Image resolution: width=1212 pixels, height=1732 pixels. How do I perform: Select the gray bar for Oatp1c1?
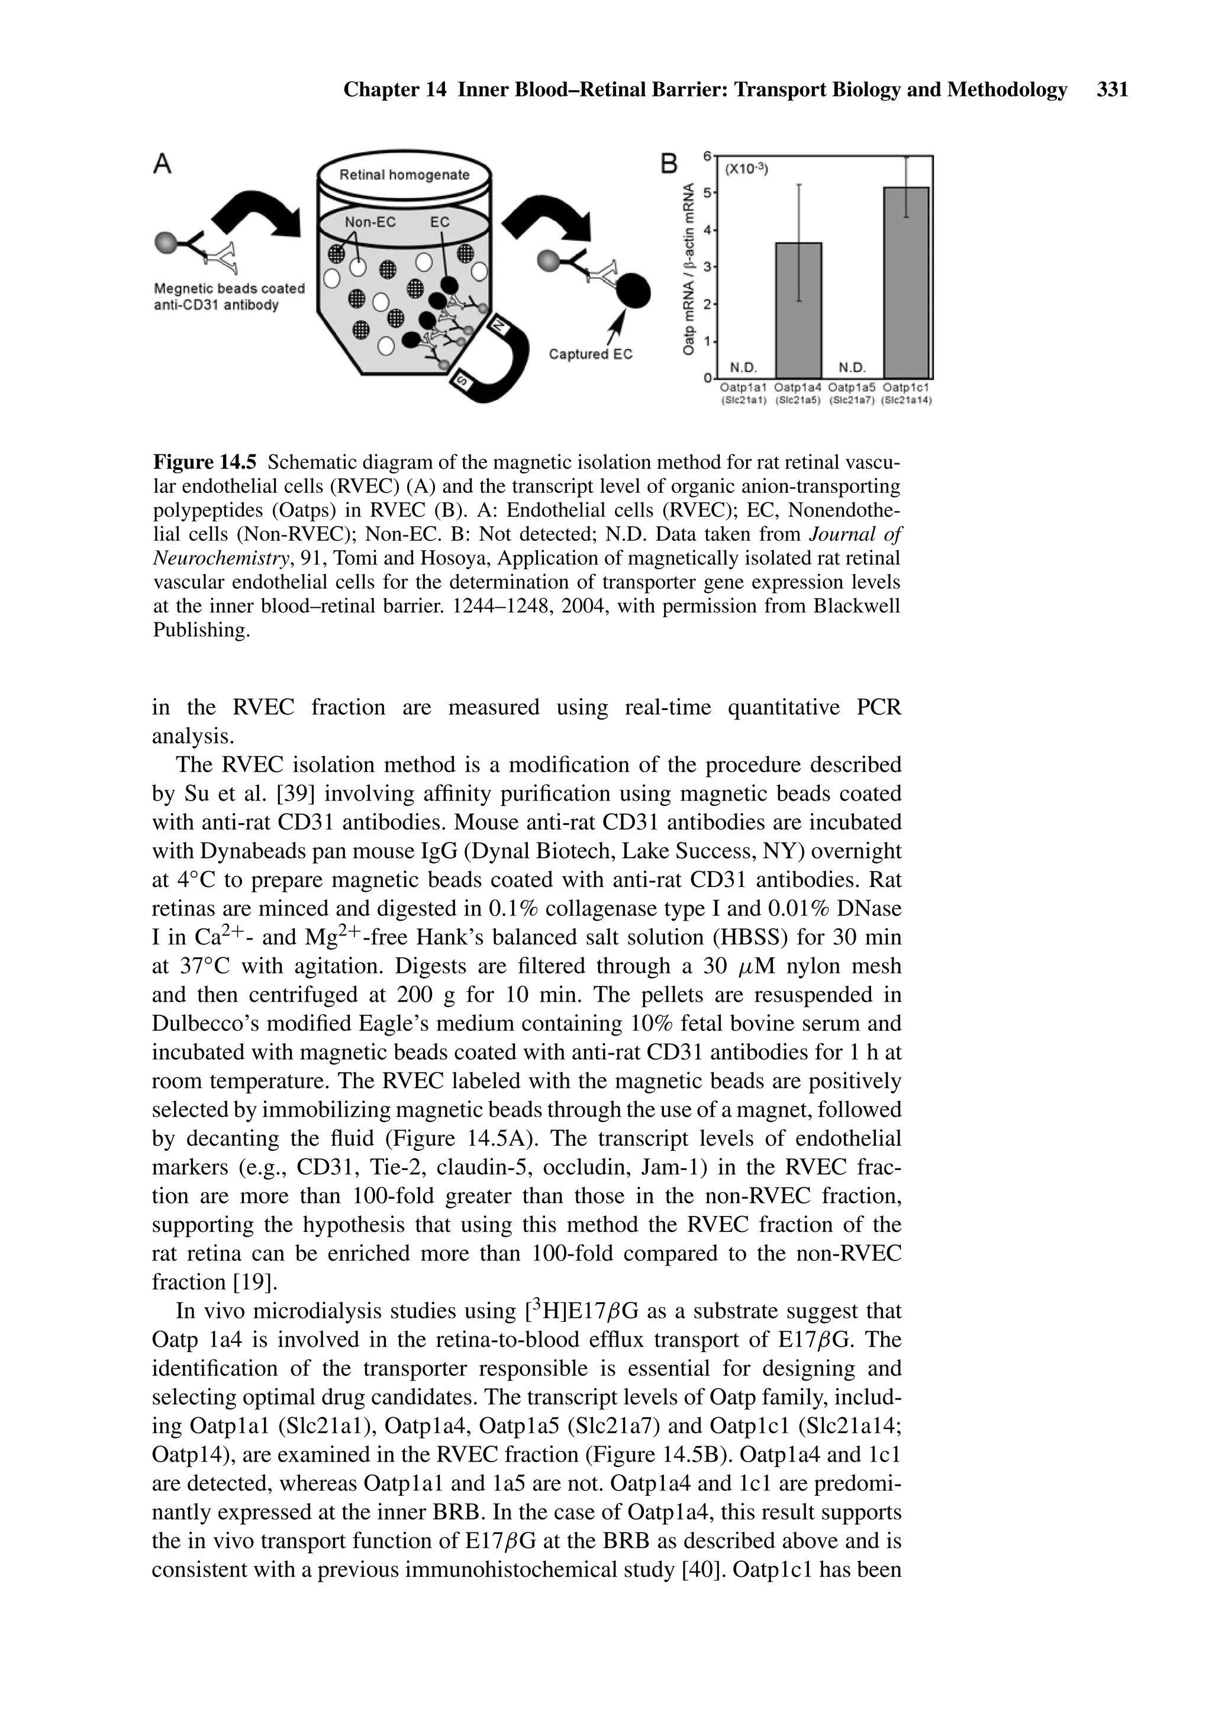(905, 282)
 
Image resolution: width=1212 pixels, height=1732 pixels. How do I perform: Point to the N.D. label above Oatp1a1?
(743, 367)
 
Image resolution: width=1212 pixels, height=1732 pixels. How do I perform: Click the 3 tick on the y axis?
(707, 267)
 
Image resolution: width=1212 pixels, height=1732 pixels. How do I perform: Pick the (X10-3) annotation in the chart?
(746, 170)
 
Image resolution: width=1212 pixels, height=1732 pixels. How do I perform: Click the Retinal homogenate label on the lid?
(404, 175)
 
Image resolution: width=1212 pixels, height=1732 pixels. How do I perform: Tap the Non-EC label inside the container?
(370, 222)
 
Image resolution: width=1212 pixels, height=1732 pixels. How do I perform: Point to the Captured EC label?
(590, 354)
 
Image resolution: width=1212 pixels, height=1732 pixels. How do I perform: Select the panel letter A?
(162, 164)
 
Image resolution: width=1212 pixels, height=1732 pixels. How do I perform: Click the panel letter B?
(669, 164)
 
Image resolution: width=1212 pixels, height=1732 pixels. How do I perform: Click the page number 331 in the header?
(1111, 91)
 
